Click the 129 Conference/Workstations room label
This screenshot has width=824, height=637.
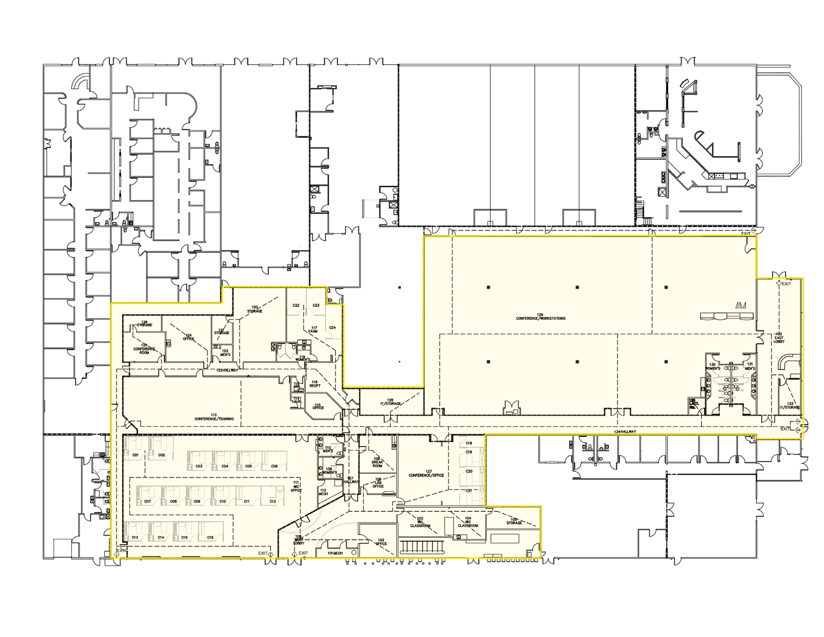pos(540,316)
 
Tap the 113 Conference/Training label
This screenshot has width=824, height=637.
pos(213,417)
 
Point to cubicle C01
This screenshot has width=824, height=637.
pos(135,455)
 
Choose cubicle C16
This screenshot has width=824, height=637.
pos(210,538)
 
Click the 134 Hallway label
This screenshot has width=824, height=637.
pos(625,432)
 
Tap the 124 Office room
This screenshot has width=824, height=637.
pos(188,337)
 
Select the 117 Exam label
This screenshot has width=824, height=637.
pos(314,330)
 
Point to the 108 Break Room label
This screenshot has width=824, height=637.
pos(377,461)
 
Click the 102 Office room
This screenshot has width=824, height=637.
pos(381,542)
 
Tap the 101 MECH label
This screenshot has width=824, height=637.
pos(334,553)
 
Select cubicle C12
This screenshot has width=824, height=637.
pos(272,501)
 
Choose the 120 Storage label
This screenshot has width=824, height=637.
pos(254,309)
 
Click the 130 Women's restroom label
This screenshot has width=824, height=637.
pos(713,366)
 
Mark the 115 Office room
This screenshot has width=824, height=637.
pos(318,407)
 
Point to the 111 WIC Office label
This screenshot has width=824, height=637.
pos(296,486)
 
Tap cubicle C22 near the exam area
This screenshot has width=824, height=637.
pos(296,305)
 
